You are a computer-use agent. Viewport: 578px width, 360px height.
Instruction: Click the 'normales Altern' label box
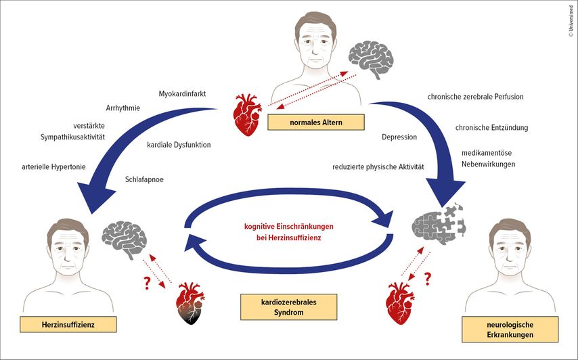[315, 122]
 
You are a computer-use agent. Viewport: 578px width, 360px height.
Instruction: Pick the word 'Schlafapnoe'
[144, 179]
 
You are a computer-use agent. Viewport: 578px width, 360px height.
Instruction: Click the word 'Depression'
[399, 137]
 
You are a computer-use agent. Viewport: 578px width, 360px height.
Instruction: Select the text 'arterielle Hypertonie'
[55, 165]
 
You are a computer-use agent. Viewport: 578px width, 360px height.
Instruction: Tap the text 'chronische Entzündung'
[491, 127]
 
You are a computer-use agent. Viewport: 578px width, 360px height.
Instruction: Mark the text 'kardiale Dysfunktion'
[179, 143]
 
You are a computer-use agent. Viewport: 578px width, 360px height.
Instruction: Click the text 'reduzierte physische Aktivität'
[378, 166]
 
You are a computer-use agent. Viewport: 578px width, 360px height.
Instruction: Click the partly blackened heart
[191, 305]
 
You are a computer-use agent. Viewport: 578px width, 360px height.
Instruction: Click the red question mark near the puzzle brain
[427, 279]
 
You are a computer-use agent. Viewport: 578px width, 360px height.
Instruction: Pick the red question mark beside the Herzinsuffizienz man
[143, 282]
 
